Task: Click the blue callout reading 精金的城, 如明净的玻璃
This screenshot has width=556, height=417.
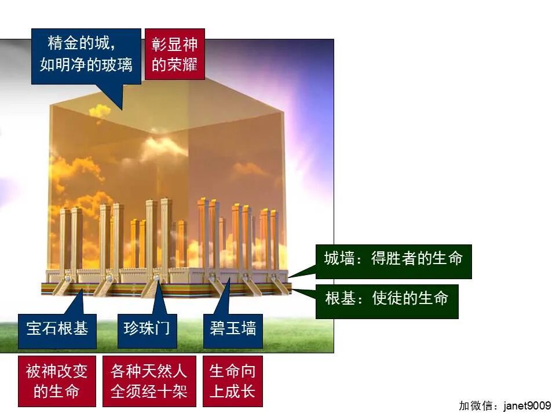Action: [x=86, y=56]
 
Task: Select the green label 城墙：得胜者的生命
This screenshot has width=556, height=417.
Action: [x=393, y=258]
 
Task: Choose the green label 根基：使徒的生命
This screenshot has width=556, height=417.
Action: [x=387, y=299]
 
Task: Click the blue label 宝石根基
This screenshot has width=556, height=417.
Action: [x=57, y=329]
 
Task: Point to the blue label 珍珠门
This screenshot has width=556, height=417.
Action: [x=147, y=329]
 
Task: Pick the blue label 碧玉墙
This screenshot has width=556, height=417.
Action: [x=233, y=329]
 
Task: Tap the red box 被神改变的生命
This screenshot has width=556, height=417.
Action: [x=56, y=381]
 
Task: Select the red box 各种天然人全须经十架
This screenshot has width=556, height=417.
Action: [x=149, y=381]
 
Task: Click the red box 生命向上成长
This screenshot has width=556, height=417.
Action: [x=232, y=381]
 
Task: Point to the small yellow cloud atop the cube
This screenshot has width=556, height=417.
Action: [x=100, y=110]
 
